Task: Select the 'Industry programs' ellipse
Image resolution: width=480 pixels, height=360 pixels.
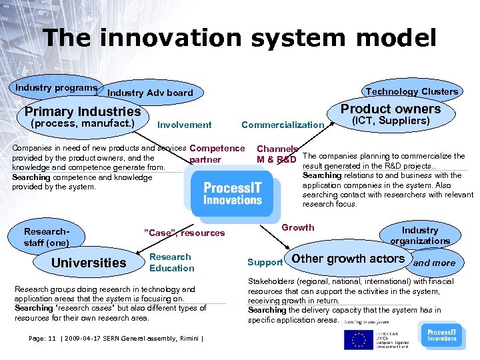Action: click(x=57, y=88)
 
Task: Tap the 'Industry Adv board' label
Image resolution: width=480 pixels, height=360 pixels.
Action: click(x=150, y=93)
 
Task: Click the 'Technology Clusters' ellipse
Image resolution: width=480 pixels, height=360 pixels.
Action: click(x=411, y=91)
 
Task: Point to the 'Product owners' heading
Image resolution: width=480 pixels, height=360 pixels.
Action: click(x=391, y=109)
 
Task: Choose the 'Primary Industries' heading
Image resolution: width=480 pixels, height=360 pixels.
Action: click(x=83, y=111)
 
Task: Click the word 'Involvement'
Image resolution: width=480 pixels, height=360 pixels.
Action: click(x=185, y=125)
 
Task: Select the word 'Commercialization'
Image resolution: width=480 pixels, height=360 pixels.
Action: click(x=282, y=125)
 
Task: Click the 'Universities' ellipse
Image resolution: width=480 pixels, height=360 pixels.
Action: click(x=89, y=263)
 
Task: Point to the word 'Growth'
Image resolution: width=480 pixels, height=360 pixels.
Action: click(x=298, y=227)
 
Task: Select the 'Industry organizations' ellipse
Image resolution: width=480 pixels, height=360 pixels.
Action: click(x=420, y=235)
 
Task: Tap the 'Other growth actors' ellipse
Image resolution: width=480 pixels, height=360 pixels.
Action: click(x=348, y=259)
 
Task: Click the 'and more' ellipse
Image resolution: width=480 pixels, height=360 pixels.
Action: click(x=435, y=263)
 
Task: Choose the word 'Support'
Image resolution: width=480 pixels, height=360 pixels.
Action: click(x=265, y=263)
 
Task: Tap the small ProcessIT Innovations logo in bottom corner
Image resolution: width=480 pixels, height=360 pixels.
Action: click(x=441, y=335)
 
